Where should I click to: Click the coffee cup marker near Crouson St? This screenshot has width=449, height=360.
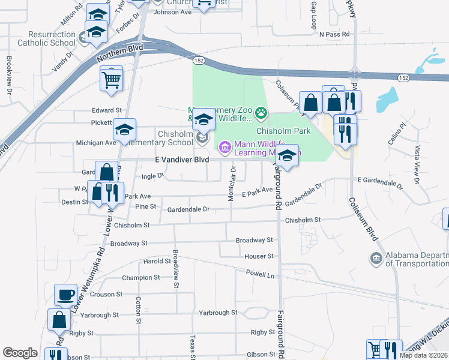pos(65,295)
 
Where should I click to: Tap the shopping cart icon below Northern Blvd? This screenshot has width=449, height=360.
pos(112,78)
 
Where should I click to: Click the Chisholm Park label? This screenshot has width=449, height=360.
pos(283,130)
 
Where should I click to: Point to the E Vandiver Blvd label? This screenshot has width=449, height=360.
pos(182,160)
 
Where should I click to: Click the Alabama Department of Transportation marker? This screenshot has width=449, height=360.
pos(376,259)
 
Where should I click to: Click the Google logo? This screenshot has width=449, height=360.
pos(20,353)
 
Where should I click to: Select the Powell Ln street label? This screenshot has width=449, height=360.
pos(259,273)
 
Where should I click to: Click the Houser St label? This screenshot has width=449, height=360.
pos(259,256)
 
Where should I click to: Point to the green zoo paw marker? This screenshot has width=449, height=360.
pos(261,112)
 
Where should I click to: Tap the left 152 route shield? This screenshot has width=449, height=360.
pos(197,61)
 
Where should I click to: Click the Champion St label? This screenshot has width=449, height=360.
pos(141,278)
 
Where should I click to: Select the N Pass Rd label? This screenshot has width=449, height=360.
pos(334,35)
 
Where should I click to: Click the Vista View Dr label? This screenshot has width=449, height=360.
pos(414,160)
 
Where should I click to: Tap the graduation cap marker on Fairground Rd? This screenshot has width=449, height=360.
pos(288,157)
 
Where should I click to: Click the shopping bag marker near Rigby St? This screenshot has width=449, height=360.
pos(60,320)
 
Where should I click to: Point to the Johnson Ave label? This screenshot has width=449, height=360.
pos(172,12)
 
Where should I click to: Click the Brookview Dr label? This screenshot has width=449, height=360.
pos(9,71)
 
